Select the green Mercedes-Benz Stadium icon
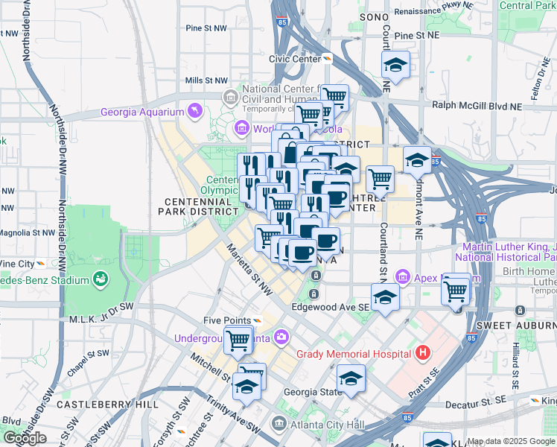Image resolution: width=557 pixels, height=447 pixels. tap(100, 279)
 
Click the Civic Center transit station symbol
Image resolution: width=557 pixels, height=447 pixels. tap(328, 58)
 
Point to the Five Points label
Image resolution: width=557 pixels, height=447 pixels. tap(227, 320)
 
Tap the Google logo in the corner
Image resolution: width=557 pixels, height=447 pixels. tap(25, 438)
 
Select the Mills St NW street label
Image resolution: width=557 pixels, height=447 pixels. tap(206, 80)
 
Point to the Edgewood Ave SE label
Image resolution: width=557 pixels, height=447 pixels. tap(330, 306)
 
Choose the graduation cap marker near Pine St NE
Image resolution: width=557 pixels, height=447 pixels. tap(395, 66)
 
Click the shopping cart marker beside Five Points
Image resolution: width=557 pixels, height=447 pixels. tap(238, 340)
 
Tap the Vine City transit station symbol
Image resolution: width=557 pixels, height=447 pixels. tap(39, 264)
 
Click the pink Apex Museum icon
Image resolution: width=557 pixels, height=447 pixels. tap(404, 278)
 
